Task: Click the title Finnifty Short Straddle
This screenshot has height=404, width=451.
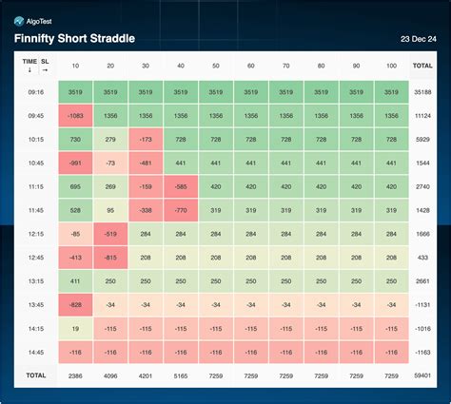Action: (73, 38)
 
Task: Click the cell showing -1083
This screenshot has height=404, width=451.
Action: (75, 116)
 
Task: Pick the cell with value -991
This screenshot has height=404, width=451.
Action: (75, 164)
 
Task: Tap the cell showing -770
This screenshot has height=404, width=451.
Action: (181, 210)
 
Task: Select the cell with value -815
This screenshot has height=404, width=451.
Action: (110, 257)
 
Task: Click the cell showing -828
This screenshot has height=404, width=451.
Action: (75, 303)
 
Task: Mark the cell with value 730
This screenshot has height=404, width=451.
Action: (75, 140)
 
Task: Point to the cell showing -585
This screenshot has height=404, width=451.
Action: (181, 186)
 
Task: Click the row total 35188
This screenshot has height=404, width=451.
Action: (423, 93)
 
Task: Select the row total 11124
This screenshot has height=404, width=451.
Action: (423, 116)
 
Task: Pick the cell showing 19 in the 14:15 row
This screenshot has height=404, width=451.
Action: (75, 327)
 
